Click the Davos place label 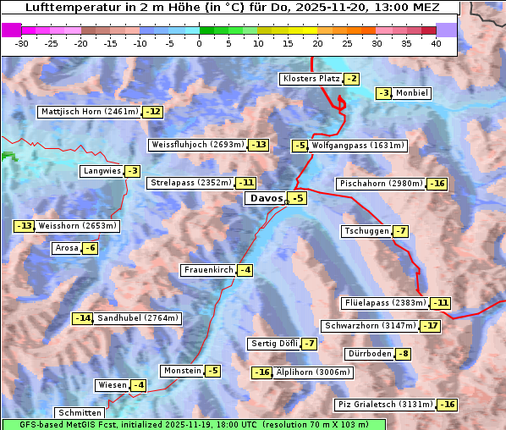pyautogui.click(x=266, y=199)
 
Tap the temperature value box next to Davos pyautogui.click(x=297, y=199)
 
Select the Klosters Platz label pyautogui.click(x=311, y=79)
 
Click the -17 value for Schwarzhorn pyautogui.click(x=432, y=326)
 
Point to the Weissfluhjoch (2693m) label pyautogui.click(x=198, y=145)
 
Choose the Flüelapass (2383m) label pyautogui.click(x=385, y=303)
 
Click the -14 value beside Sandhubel pyautogui.click(x=82, y=318)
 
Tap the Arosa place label pyautogui.click(x=66, y=248)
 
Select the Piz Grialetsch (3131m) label pyautogui.click(x=385, y=405)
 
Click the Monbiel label pyautogui.click(x=412, y=93)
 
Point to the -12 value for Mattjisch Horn pyautogui.click(x=152, y=112)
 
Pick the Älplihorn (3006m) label pyautogui.click(x=313, y=372)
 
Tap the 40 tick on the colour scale pyautogui.click(x=436, y=43)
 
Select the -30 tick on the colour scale pyautogui.click(x=22, y=43)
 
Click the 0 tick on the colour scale pyautogui.click(x=200, y=43)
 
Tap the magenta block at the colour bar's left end pyautogui.click(x=12, y=30)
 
